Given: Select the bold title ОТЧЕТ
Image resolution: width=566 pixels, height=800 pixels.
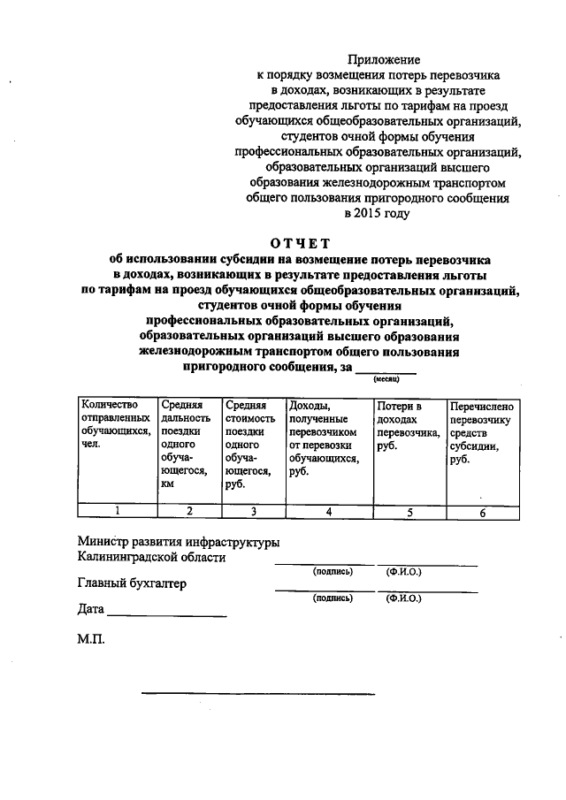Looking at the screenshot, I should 299,244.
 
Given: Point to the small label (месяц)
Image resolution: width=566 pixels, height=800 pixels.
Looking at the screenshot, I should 386,378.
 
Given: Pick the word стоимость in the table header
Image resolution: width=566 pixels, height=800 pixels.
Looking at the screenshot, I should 250,418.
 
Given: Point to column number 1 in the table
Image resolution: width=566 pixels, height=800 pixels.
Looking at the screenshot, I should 116,511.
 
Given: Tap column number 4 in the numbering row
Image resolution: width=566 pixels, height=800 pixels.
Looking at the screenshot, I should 328,511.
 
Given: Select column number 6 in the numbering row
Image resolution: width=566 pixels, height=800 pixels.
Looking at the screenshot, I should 482,512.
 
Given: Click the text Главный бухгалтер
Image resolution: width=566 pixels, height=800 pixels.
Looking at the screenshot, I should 131,583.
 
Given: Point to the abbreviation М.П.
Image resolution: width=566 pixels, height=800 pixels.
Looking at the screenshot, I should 91,637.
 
